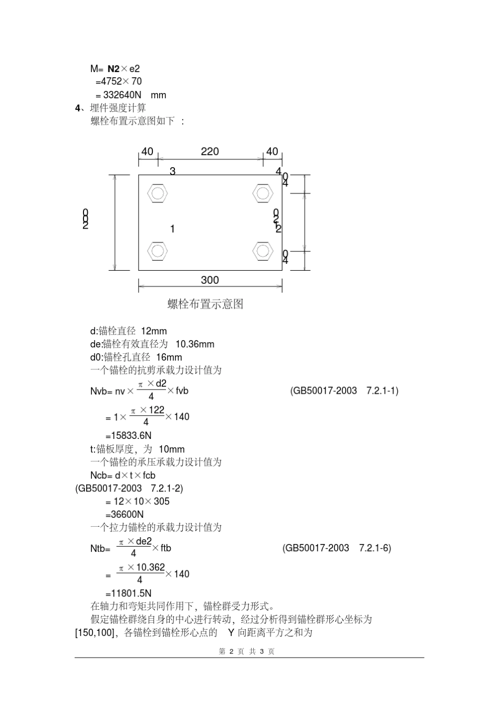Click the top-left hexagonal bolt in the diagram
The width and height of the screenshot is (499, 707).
(x=157, y=193)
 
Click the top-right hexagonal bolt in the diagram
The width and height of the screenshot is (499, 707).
(x=263, y=193)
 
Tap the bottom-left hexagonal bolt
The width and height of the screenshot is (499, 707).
(x=157, y=251)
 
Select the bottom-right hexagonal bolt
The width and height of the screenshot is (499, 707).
(x=263, y=251)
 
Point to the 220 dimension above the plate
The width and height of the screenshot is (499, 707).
(x=210, y=152)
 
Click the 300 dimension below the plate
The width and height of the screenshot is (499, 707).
(x=210, y=280)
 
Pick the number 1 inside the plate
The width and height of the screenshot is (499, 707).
(x=172, y=229)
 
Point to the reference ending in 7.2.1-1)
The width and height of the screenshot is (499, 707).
(x=344, y=391)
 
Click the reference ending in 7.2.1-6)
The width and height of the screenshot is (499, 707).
(x=337, y=548)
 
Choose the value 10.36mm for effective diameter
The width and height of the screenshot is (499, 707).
(x=195, y=344)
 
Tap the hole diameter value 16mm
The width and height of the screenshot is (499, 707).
(x=169, y=357)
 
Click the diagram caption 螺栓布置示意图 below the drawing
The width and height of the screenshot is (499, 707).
(x=205, y=304)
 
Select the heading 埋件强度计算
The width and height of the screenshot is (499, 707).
(x=118, y=108)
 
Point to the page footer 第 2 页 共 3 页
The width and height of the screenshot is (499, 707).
(x=246, y=651)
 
